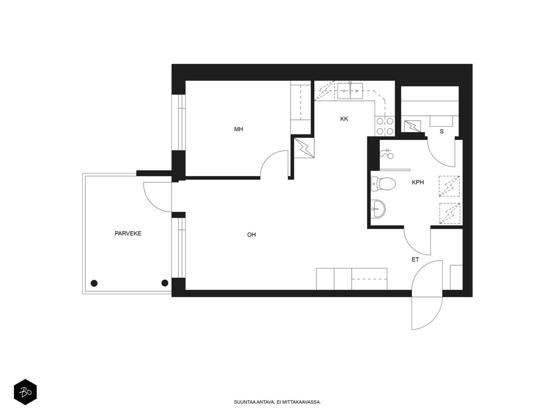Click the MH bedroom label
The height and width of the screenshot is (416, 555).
click(x=238, y=129)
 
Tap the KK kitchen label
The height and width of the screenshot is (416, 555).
click(x=344, y=119)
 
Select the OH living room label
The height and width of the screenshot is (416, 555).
click(x=251, y=235)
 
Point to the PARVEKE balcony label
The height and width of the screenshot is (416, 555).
click(x=128, y=233)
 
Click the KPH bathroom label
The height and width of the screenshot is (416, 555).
click(x=418, y=182)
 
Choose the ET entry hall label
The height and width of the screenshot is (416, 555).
click(x=415, y=259)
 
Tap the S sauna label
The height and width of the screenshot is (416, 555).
click(x=442, y=131)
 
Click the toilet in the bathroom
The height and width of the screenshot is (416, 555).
click(x=383, y=184)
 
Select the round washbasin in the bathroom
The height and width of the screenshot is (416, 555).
click(x=378, y=209)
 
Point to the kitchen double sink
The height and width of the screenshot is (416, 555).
click(x=350, y=91)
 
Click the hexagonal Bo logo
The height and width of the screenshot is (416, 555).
click(x=25, y=392)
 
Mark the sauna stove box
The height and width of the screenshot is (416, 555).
click(x=412, y=126)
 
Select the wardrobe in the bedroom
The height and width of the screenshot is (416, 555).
click(x=301, y=107)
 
